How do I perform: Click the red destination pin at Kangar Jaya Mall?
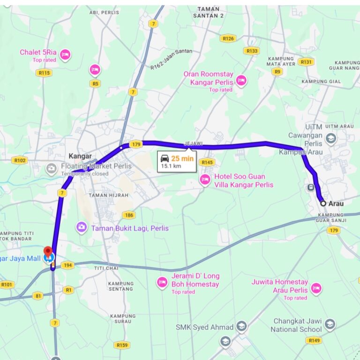[x=47, y=250]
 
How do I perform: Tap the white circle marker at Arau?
[x=323, y=203]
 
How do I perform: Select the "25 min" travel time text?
[x=182, y=158]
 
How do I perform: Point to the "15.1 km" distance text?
[x=171, y=166]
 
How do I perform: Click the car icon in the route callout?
[x=165, y=158]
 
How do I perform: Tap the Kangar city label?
[x=80, y=156]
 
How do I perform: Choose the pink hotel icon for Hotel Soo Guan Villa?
[x=205, y=179]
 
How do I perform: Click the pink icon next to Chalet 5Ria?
[x=66, y=55]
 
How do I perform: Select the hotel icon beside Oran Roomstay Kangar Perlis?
[x=241, y=80]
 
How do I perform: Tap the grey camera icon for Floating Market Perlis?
[x=52, y=168]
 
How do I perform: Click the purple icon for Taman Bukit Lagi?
[x=82, y=227]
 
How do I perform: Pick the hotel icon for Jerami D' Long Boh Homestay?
[x=162, y=282]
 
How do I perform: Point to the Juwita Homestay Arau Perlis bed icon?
[x=316, y=288]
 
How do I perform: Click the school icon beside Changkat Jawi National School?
[x=330, y=324]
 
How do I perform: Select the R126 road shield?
[x=228, y=38]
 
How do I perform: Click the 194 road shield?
[x=67, y=265]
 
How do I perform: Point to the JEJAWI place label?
[x=193, y=143]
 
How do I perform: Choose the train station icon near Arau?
[x=310, y=187]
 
